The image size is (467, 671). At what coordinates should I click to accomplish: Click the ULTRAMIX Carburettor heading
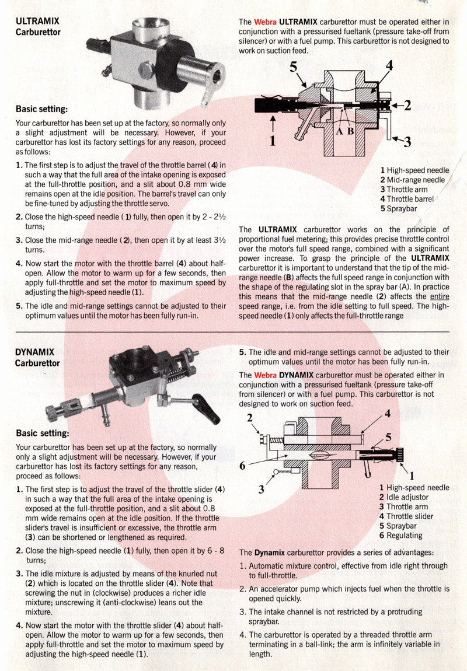click(x=38, y=26)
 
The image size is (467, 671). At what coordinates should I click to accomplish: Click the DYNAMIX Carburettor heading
click(x=37, y=358)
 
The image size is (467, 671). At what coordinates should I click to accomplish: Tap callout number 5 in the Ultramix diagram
click(x=293, y=67)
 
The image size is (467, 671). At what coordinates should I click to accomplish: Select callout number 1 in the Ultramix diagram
click(x=273, y=141)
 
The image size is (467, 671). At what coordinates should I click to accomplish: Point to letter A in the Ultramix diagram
click(x=339, y=131)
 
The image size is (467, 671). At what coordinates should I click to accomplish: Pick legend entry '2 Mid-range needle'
click(x=413, y=180)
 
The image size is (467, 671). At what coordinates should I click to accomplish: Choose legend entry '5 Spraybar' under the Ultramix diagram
click(x=399, y=209)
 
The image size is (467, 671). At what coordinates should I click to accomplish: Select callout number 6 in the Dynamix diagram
click(x=242, y=465)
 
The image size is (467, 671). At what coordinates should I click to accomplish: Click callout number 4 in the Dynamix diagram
click(x=388, y=413)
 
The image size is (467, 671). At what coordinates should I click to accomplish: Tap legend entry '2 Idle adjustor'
click(x=403, y=497)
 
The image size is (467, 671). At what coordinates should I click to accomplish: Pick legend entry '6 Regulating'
click(x=400, y=536)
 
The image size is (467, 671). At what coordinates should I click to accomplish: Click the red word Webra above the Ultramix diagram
click(x=265, y=22)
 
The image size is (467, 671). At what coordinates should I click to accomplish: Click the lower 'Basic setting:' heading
click(x=43, y=433)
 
